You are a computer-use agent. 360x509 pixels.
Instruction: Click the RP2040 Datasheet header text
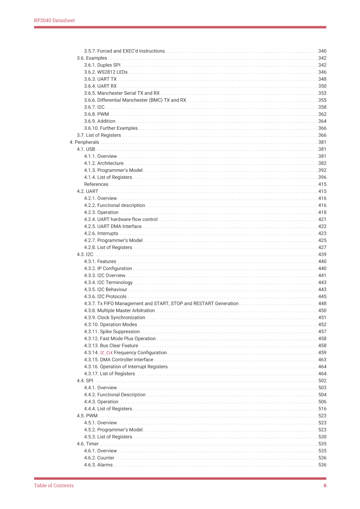(x=54, y=21)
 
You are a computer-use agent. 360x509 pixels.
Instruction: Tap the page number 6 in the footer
(x=325, y=486)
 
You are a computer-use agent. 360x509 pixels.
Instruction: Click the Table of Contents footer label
(x=54, y=486)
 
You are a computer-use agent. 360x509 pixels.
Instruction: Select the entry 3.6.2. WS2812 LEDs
(x=106, y=72)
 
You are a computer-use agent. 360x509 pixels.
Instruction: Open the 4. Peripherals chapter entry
(x=84, y=142)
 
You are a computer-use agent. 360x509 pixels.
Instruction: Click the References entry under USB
(x=96, y=184)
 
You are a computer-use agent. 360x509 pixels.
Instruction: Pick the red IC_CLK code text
(x=107, y=353)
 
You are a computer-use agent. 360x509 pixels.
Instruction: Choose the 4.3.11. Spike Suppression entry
(x=112, y=332)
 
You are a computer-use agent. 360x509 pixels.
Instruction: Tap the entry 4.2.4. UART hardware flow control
(x=121, y=219)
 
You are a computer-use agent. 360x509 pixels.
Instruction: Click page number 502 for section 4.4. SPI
(x=322, y=381)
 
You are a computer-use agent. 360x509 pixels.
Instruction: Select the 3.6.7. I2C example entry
(x=94, y=107)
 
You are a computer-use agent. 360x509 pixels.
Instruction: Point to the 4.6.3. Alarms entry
(x=98, y=465)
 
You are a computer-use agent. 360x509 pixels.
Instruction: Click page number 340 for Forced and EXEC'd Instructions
(x=322, y=51)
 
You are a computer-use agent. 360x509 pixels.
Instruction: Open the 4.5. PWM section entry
(x=87, y=416)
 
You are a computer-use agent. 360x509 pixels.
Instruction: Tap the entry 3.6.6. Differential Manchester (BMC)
(x=135, y=100)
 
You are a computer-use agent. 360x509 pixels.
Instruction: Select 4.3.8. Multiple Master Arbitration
(x=119, y=311)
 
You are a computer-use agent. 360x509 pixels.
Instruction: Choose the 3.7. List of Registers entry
(x=99, y=135)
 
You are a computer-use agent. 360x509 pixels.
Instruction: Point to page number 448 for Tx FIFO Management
(x=322, y=304)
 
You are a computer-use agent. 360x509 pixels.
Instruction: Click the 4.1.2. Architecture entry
(x=104, y=163)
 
